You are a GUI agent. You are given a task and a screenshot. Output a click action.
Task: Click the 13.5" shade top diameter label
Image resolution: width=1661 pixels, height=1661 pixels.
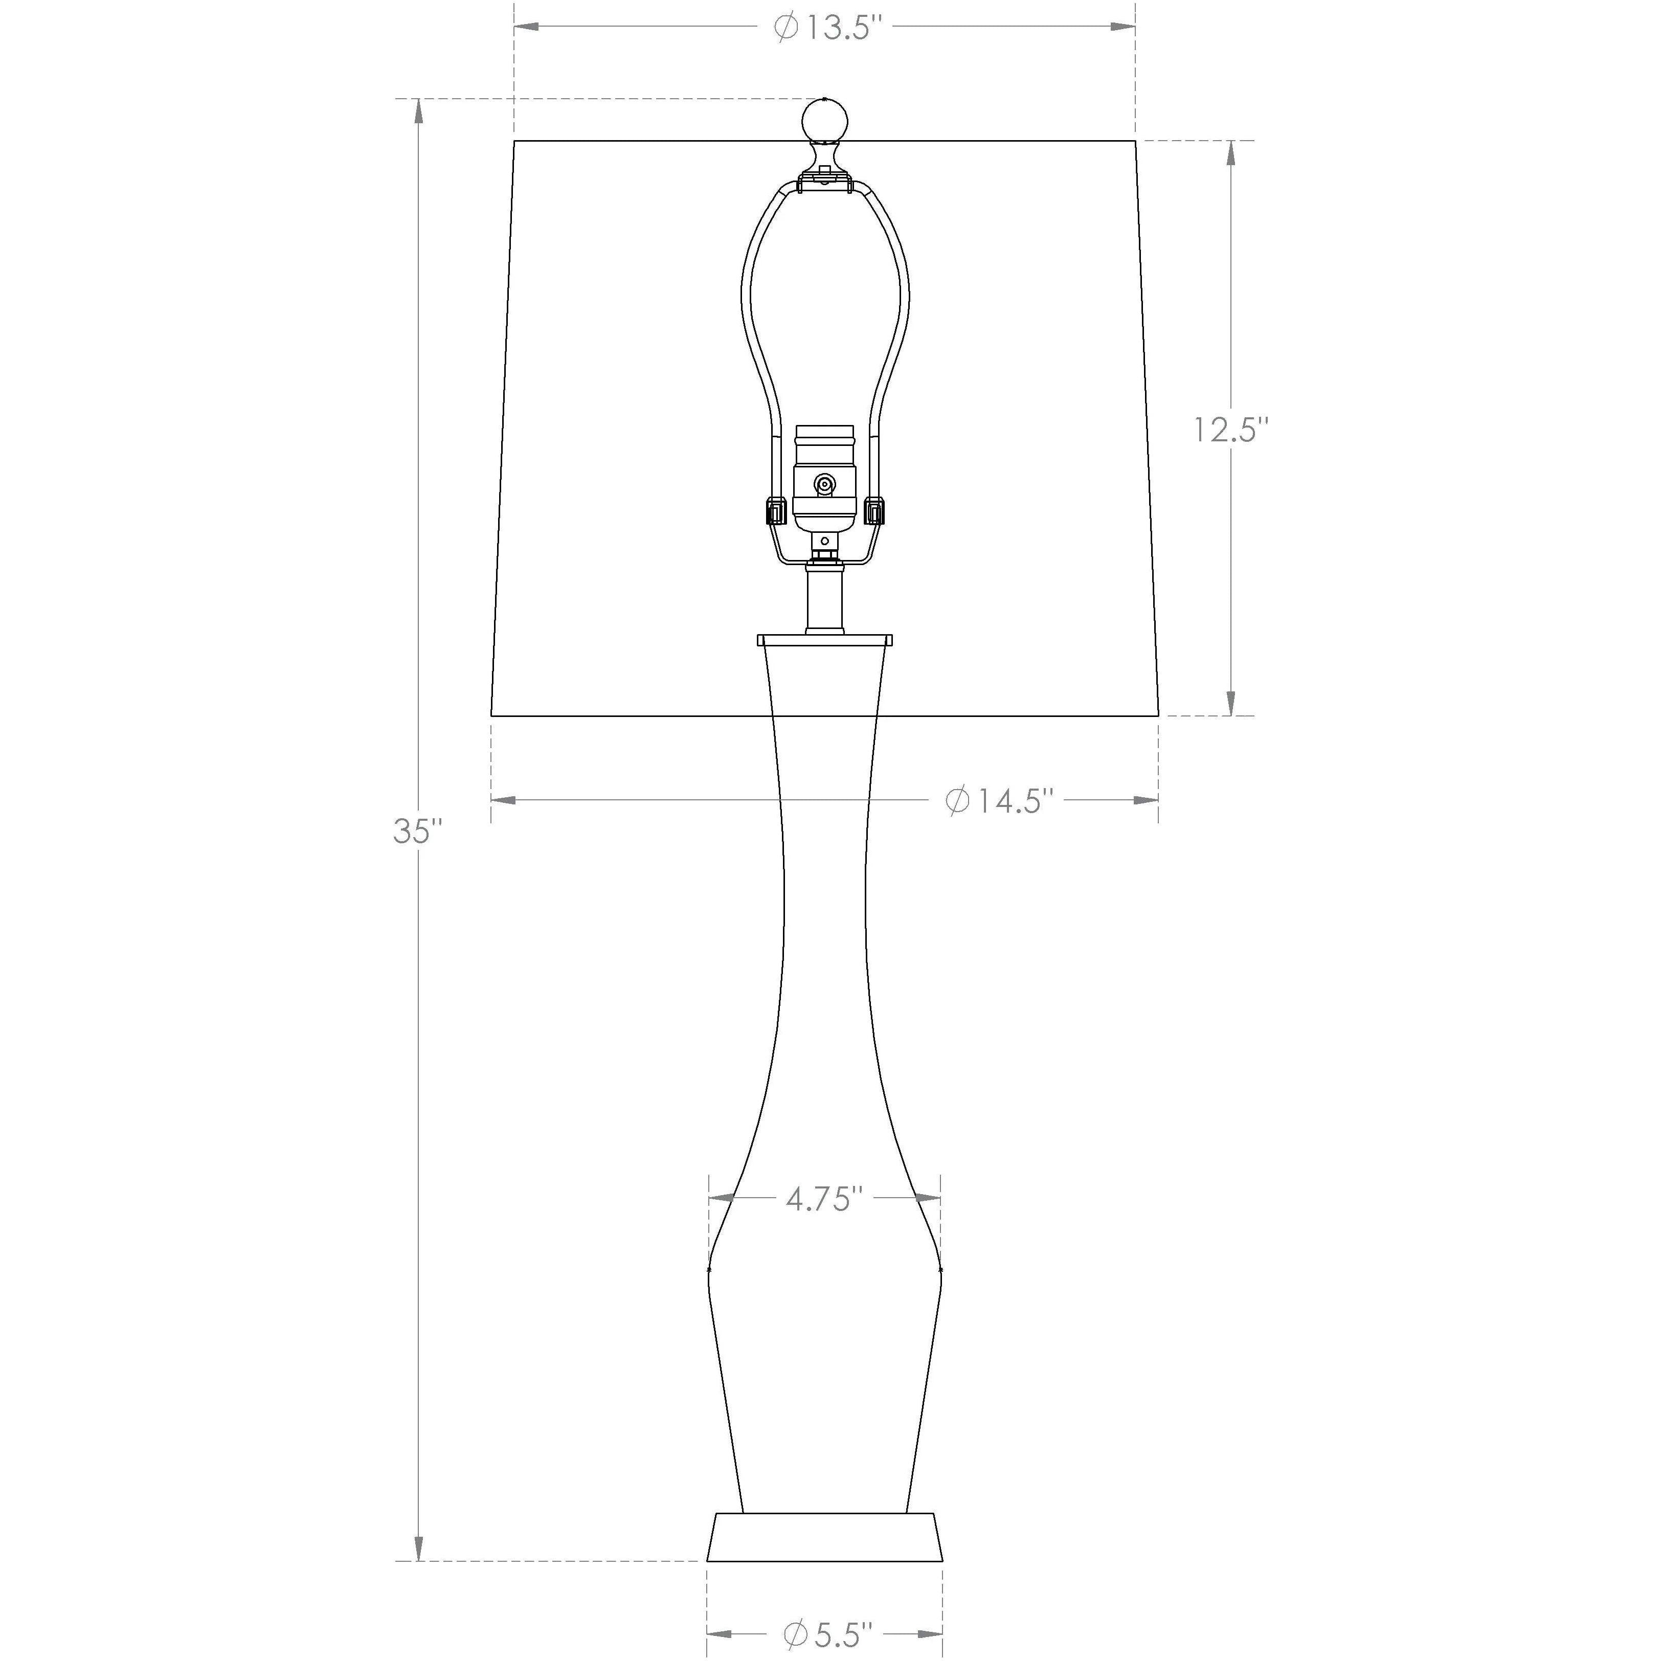tap(829, 28)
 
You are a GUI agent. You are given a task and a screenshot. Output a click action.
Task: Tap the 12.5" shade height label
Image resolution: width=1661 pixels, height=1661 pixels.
tap(1230, 429)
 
